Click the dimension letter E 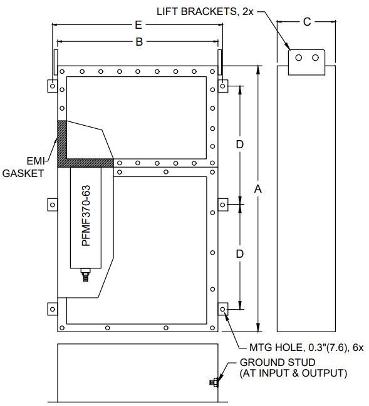tap(138, 25)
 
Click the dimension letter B tap(139, 41)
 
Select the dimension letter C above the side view tap(307, 22)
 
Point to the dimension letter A tap(257, 189)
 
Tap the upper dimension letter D tap(239, 145)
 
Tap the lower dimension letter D tap(239, 254)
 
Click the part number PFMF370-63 tap(86, 215)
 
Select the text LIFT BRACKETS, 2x tap(205, 12)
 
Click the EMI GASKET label tap(23, 167)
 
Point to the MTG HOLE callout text tap(306, 347)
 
